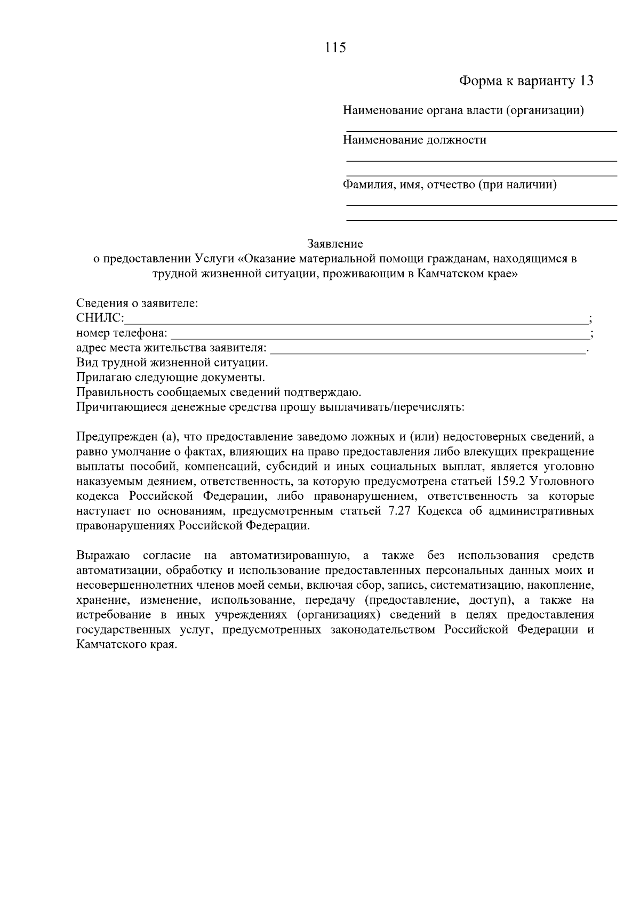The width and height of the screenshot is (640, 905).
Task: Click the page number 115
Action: click(335, 47)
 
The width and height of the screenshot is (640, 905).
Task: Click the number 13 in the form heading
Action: click(586, 81)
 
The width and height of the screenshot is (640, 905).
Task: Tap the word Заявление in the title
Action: click(335, 244)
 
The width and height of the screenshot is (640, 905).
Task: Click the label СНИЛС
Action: click(100, 319)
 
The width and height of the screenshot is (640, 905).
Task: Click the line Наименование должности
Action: click(414, 140)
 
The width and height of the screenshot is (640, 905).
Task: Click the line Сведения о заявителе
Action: click(137, 303)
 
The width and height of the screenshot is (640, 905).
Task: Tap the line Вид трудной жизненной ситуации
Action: click(172, 363)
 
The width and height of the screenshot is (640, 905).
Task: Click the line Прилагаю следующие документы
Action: click(171, 378)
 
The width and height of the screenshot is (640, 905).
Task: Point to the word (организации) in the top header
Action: click(545, 111)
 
